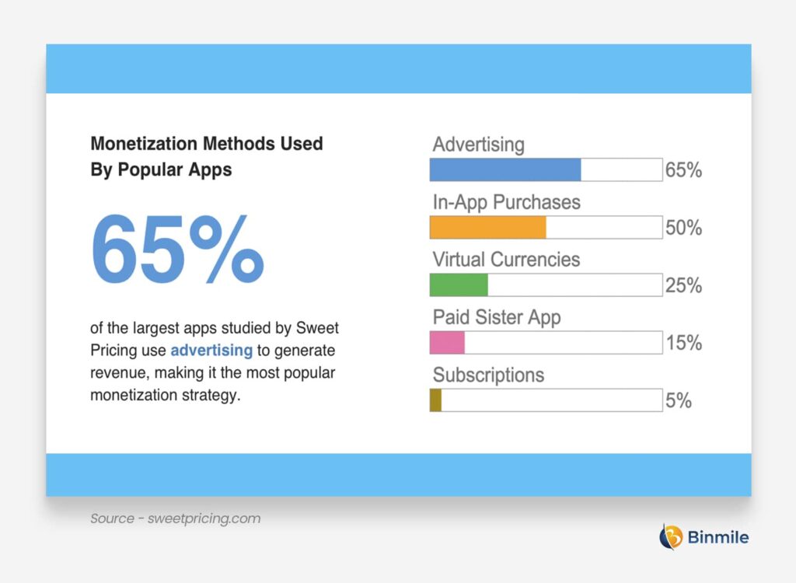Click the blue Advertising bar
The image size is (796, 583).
click(505, 169)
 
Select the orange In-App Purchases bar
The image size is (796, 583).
click(487, 227)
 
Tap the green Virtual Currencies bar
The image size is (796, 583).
click(459, 285)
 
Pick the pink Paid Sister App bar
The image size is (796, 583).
click(447, 342)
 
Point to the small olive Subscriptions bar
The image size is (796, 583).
click(435, 400)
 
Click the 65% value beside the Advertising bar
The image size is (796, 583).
click(683, 170)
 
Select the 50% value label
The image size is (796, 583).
click(683, 228)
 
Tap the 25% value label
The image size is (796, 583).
click(683, 285)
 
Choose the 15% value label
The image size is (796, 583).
click(683, 343)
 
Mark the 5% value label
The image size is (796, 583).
click(678, 400)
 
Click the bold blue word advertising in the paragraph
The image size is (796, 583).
click(211, 351)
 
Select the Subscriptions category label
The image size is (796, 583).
click(488, 375)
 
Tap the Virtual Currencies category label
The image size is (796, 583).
click(506, 259)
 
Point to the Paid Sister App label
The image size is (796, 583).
click(496, 317)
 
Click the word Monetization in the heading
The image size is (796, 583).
click(144, 144)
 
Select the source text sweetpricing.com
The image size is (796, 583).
click(204, 518)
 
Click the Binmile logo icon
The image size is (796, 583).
click(671, 536)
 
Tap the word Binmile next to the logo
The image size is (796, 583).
click(717, 536)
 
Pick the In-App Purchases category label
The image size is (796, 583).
click(506, 202)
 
